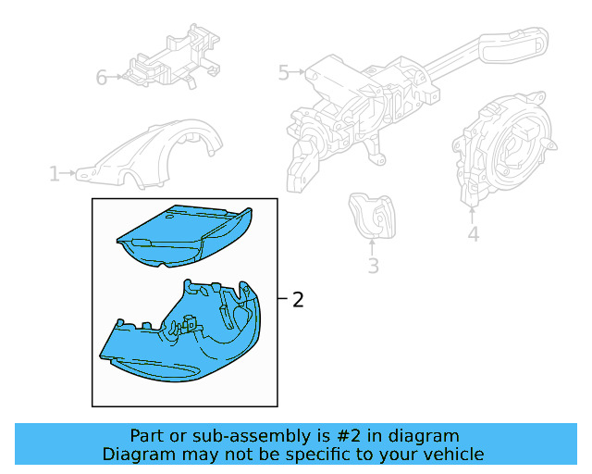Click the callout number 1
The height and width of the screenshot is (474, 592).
click(55, 174)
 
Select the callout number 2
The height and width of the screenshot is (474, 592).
click(298, 300)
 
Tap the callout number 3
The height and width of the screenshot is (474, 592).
click(373, 266)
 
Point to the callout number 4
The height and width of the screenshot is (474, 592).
click(473, 234)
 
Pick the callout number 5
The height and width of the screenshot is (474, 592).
click(284, 72)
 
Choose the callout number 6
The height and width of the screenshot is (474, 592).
click(102, 78)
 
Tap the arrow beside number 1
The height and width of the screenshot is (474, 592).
click(68, 173)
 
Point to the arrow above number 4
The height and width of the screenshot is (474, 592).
click(472, 215)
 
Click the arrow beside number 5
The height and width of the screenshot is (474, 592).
click(298, 71)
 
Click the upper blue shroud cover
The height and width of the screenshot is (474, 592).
click(184, 236)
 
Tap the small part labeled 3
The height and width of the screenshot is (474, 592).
click(372, 217)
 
